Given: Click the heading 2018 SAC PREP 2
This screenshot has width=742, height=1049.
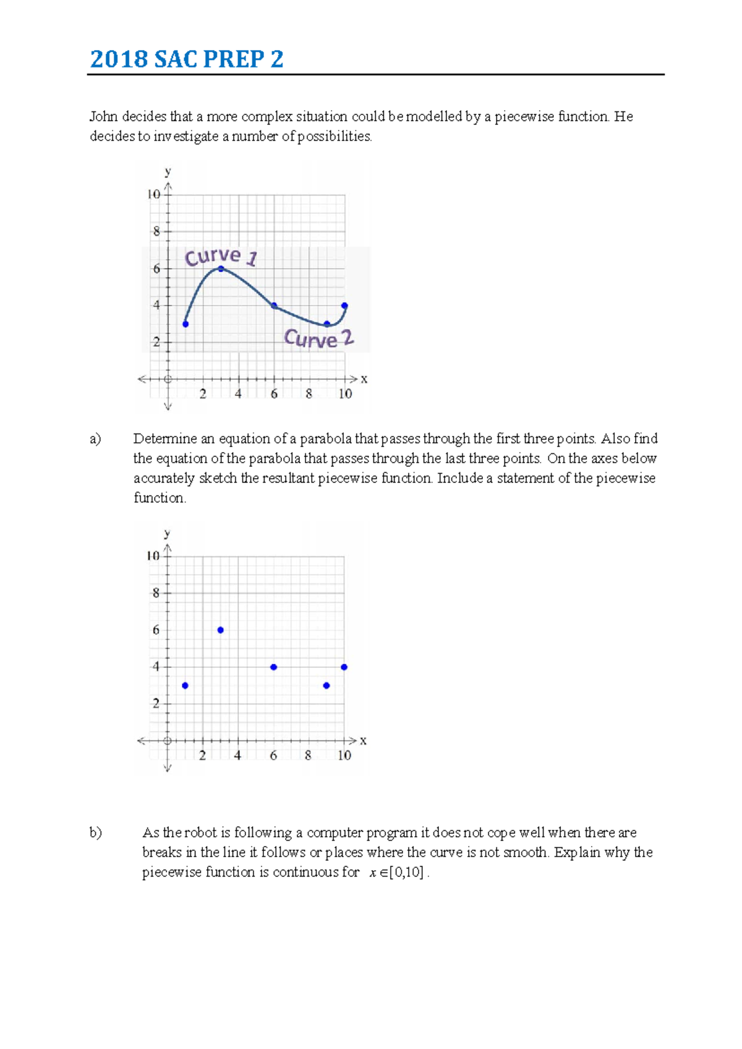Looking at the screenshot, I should coord(187,59).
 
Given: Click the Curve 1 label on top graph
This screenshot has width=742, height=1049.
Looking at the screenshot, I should coord(221,256).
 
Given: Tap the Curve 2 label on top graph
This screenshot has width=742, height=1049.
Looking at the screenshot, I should coord(318,338).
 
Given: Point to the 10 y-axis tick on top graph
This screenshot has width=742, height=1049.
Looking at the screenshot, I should coord(153,194).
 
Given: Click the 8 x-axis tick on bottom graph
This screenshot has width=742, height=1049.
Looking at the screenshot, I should coord(308,755).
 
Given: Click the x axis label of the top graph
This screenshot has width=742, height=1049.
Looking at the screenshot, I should coord(364,379).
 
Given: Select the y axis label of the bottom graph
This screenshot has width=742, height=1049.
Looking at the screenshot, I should coord(167,533).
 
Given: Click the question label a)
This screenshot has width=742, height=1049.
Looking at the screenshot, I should coord(95,439).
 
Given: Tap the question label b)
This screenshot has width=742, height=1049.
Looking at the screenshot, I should coord(96,833).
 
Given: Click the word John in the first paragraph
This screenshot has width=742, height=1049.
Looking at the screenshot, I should coord(103,116).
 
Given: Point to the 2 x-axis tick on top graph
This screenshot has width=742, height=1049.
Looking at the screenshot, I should coord(203,394).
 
